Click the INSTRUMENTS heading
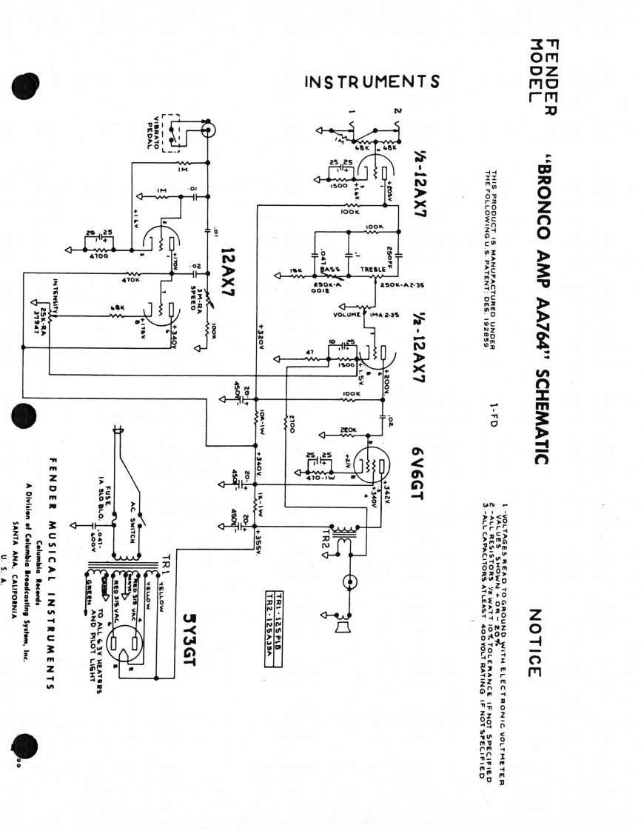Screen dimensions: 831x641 click(372, 81)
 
